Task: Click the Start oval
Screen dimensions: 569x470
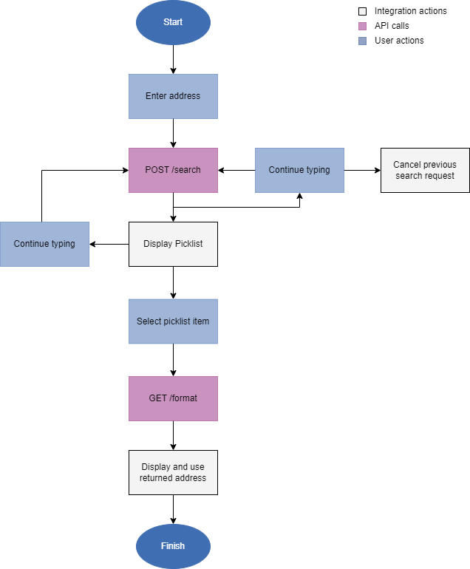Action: coord(173,22)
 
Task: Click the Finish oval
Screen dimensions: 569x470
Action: coord(173,547)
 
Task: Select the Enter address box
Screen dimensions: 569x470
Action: coord(173,96)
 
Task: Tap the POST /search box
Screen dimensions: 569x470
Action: coord(173,170)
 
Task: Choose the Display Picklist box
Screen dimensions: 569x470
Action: coord(173,244)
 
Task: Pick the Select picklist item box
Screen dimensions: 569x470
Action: coord(173,321)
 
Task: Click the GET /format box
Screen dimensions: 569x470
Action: coord(173,398)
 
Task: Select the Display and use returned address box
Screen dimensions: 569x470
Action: coord(173,472)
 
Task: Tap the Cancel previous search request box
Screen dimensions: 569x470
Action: coord(425,170)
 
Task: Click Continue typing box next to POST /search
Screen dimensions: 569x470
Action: coord(299,170)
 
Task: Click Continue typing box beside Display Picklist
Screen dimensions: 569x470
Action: coord(44,244)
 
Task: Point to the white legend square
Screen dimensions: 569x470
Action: coord(362,12)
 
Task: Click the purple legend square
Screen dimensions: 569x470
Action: coord(362,26)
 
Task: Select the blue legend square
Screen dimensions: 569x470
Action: coord(362,41)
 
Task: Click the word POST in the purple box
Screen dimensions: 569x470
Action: coord(157,170)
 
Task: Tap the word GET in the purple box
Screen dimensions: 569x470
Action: coord(158,398)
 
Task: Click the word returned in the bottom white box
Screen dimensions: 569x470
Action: coord(156,478)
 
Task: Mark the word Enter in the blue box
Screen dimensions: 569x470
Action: coord(157,96)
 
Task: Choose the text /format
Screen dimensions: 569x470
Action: coord(183,398)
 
